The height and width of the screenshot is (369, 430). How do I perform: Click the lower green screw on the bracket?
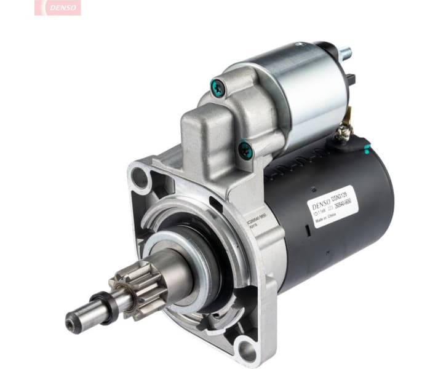tap(245, 148)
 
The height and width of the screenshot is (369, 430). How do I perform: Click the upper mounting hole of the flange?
tap(140, 178)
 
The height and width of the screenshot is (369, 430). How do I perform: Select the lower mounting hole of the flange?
tap(247, 350)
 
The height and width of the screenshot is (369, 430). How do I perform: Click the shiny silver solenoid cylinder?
tap(289, 92)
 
